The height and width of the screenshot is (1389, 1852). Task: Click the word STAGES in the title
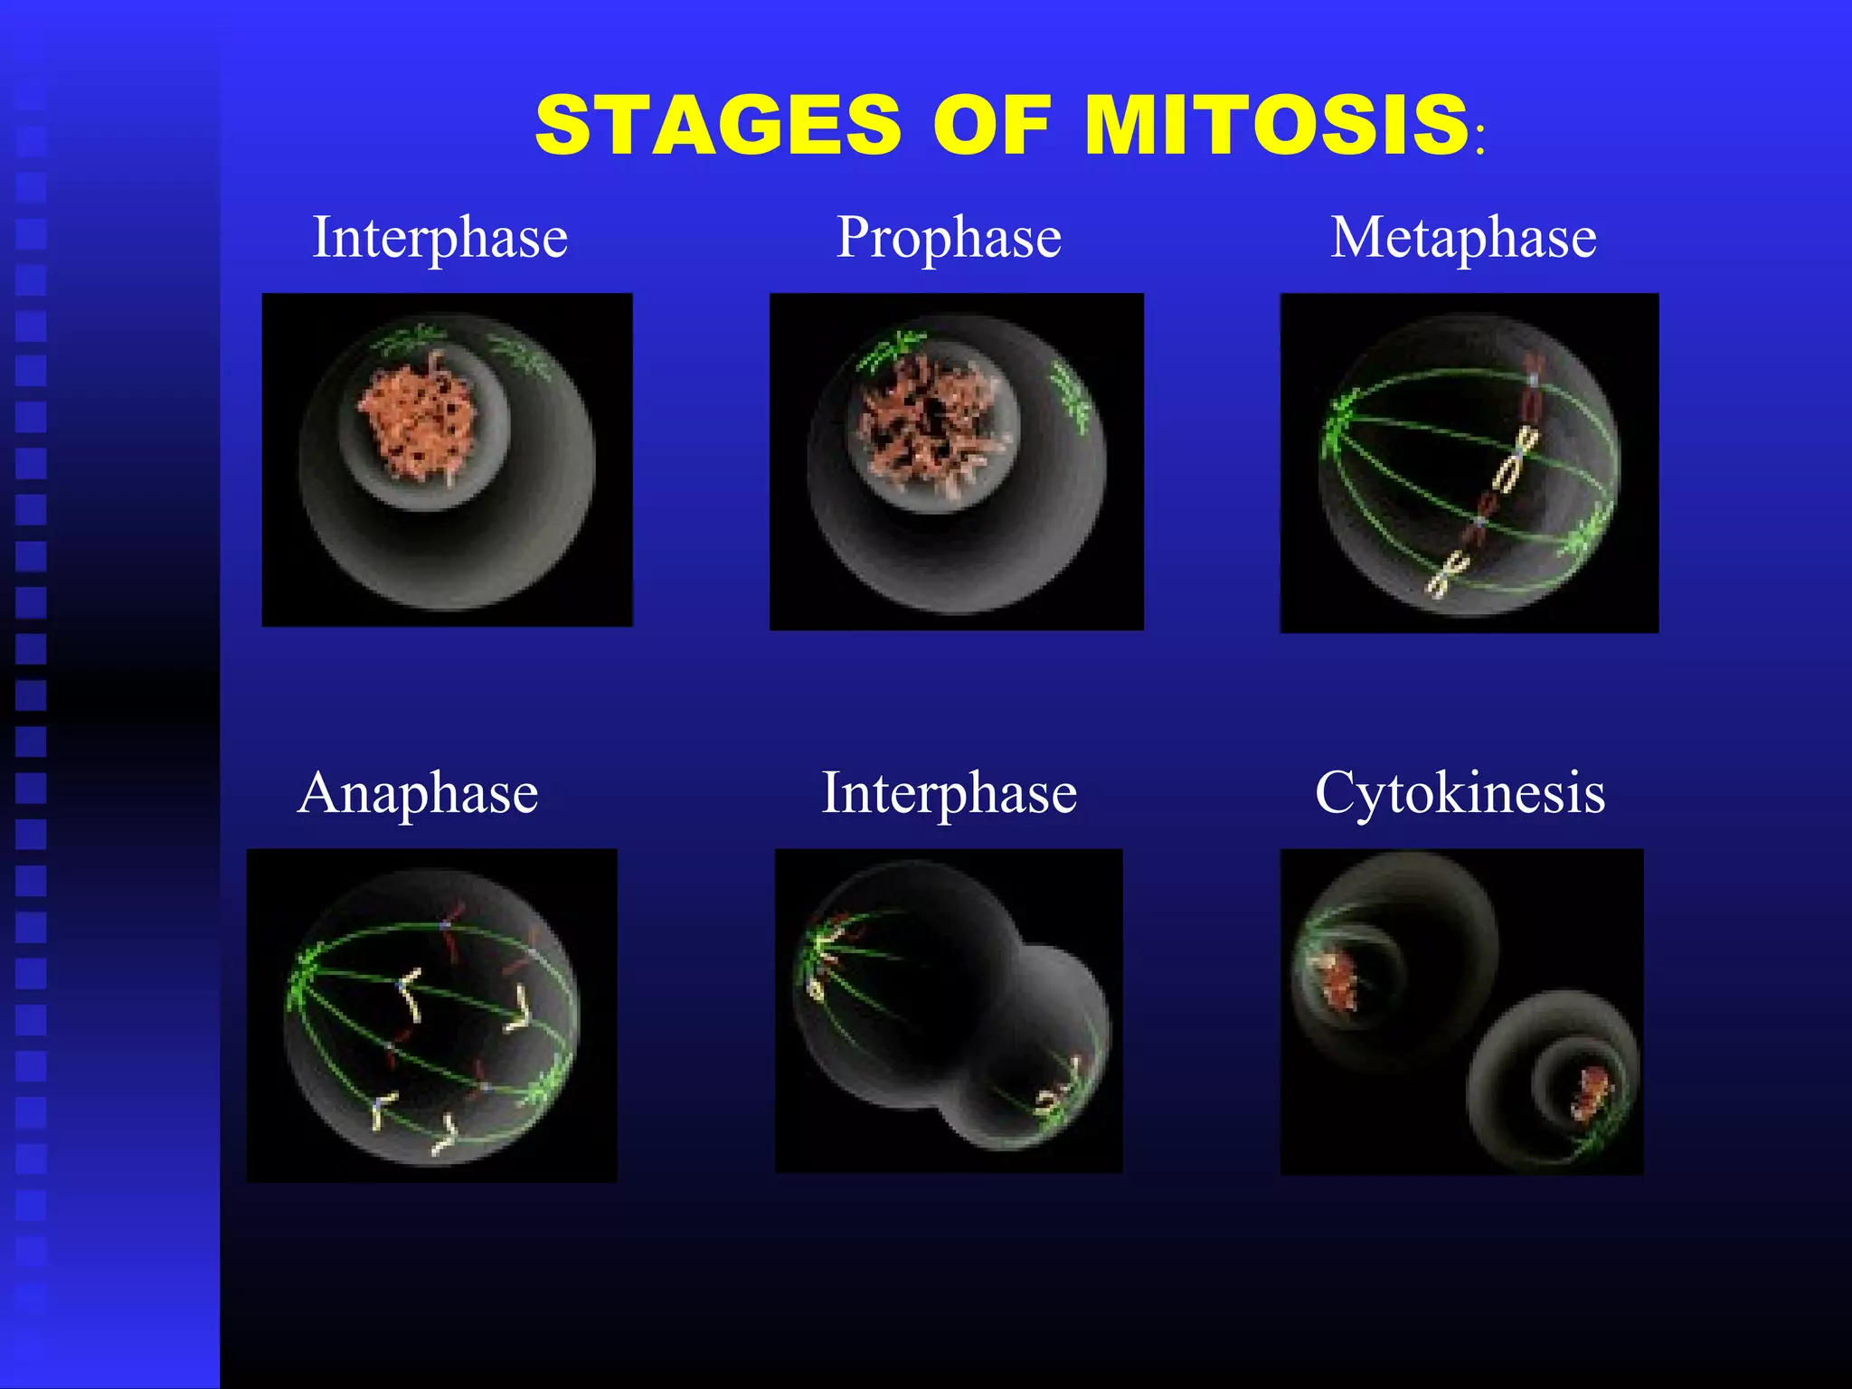(718, 125)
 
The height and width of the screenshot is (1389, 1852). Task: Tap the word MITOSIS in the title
(1276, 125)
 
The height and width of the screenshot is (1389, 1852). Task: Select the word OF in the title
(992, 125)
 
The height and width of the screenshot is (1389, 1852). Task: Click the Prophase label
(949, 237)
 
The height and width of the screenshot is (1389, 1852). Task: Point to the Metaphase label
(1463, 237)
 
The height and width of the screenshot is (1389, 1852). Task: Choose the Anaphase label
(418, 793)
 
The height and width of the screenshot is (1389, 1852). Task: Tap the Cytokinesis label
(1460, 793)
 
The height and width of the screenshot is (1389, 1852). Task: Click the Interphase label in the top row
(440, 237)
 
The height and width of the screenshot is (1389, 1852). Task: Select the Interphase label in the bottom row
(949, 793)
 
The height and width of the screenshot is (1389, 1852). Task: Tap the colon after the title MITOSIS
(1479, 143)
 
